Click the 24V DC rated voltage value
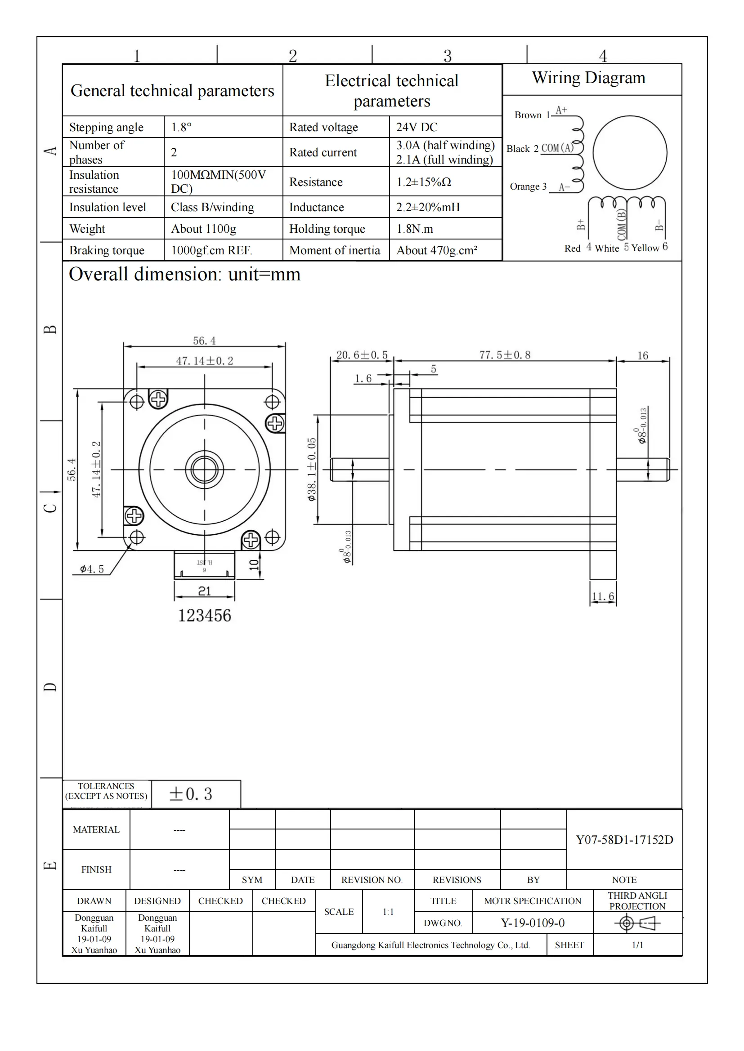click(417, 127)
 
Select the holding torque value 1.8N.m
click(414, 228)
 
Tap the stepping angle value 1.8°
click(181, 127)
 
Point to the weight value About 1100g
click(203, 228)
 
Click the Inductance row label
click(316, 207)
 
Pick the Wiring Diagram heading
click(588, 78)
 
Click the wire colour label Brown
click(528, 115)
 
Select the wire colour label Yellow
click(645, 248)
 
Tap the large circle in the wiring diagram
click(629, 152)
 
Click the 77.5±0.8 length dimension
click(504, 355)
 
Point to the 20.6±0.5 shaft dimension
click(362, 355)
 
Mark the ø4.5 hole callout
click(92, 569)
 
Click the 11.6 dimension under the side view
click(602, 596)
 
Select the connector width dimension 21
click(204, 591)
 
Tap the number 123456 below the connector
click(204, 616)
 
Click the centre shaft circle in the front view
click(204, 469)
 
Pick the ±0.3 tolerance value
click(191, 794)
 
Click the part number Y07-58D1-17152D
click(624, 839)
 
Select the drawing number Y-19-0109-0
click(532, 923)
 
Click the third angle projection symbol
click(637, 923)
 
